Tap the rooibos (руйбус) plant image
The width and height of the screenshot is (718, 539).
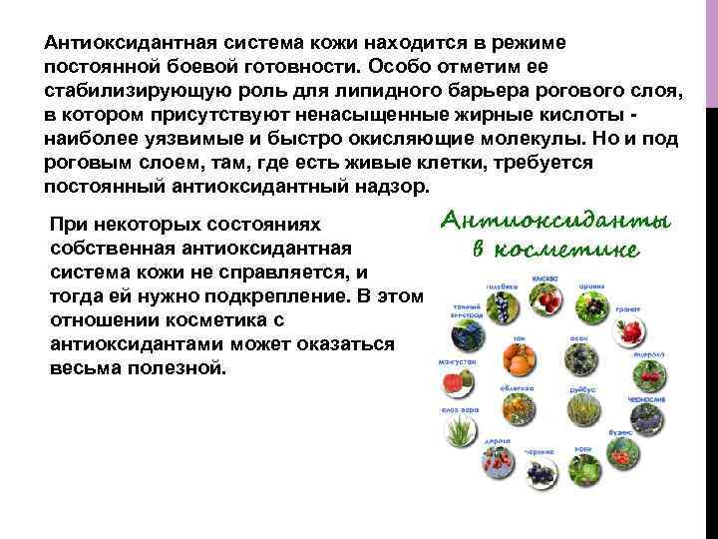click(x=581, y=409)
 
